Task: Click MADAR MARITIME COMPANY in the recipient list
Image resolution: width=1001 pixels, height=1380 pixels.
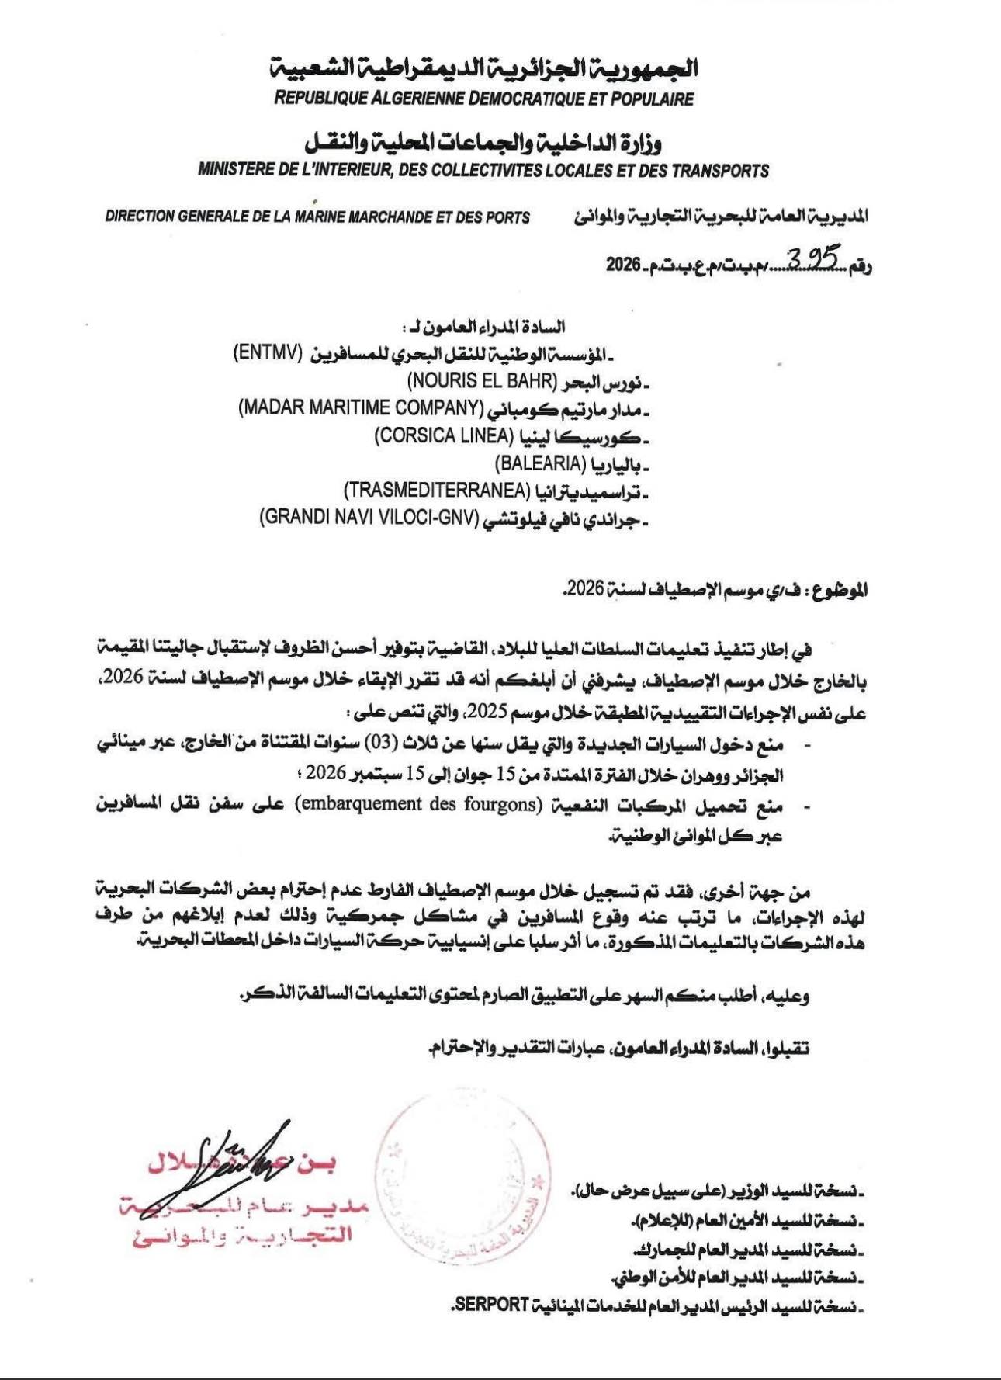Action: [361, 408]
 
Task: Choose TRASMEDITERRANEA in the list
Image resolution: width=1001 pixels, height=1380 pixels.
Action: [437, 491]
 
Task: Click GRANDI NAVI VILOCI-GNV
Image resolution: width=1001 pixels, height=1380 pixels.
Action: [369, 518]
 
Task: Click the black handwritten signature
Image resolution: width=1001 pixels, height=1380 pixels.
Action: [233, 1164]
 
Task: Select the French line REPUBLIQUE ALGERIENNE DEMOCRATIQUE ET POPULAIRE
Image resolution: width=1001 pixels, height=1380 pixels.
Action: [483, 99]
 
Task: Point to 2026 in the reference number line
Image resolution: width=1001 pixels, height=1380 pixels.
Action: [622, 265]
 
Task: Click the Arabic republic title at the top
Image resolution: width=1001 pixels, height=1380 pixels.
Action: [483, 68]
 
